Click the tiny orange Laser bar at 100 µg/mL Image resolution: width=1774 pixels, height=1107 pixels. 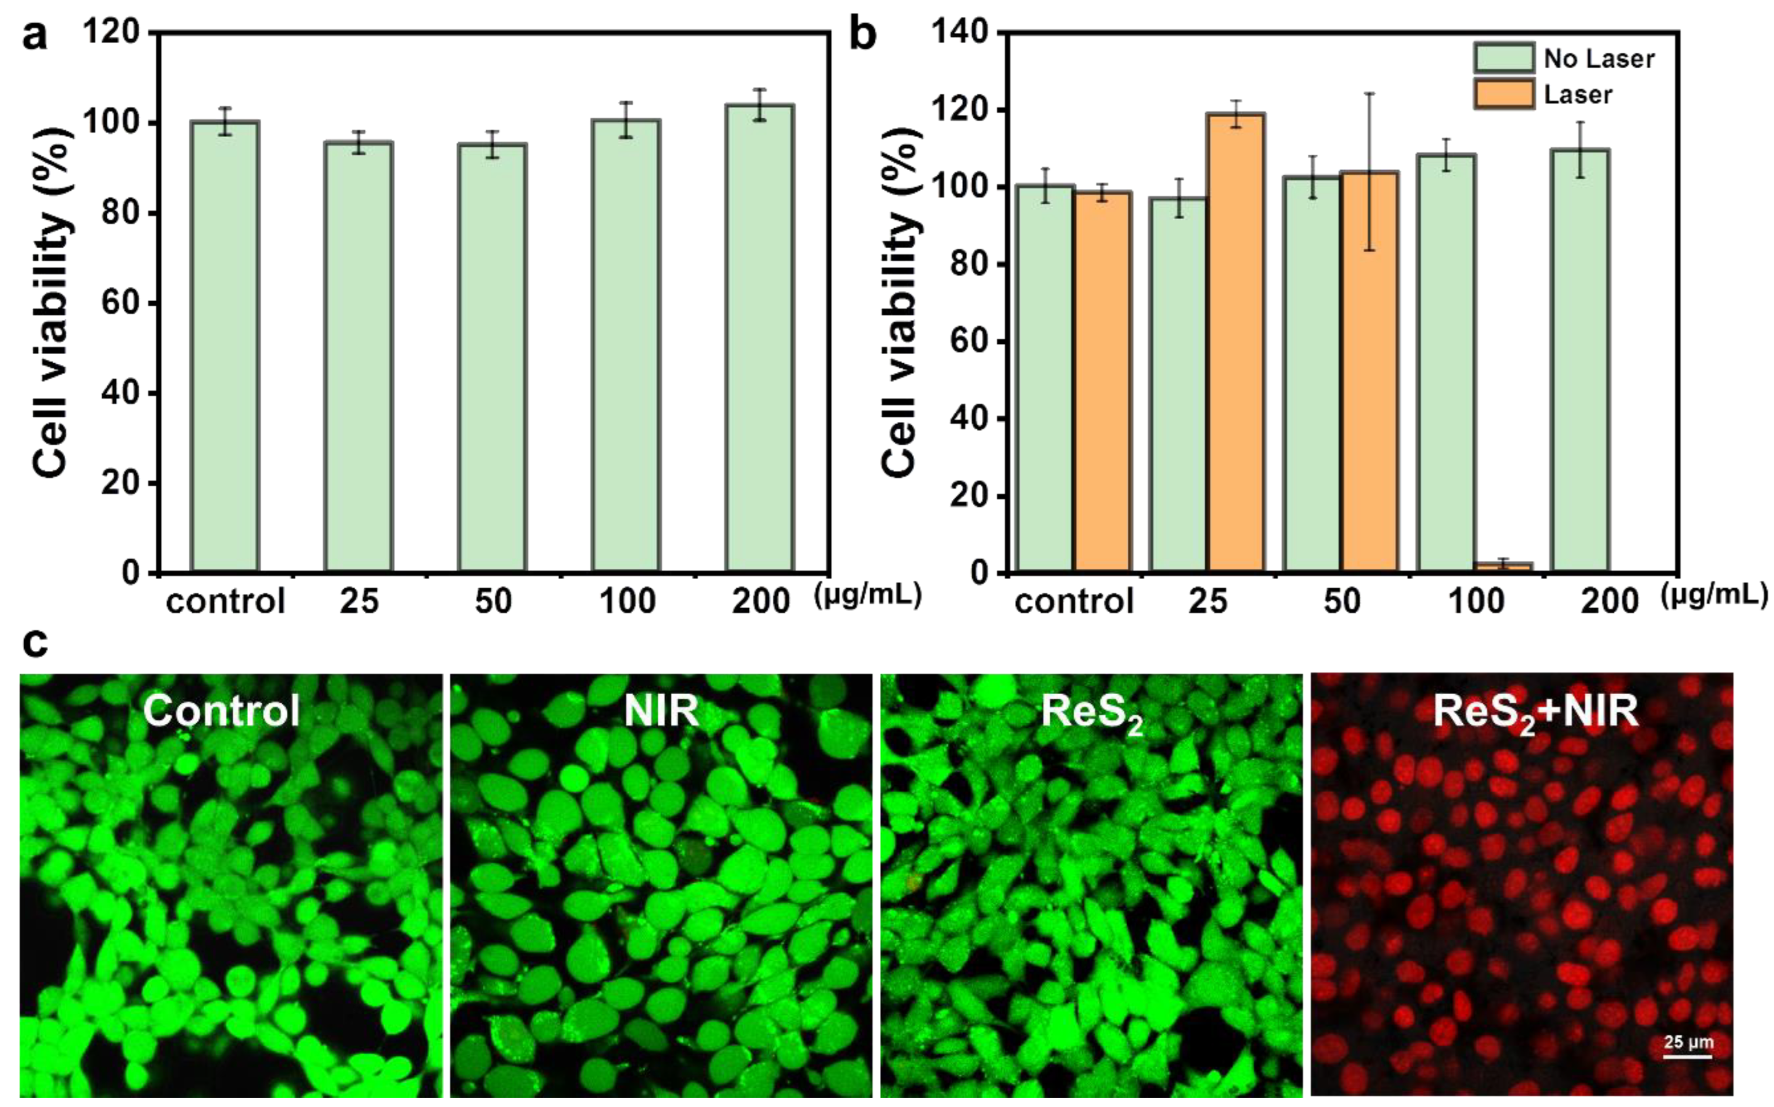tap(1504, 567)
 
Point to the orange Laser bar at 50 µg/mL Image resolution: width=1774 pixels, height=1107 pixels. tap(1369, 371)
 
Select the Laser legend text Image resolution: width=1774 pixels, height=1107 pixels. tap(1578, 95)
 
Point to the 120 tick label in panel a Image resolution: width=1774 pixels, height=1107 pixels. tap(111, 33)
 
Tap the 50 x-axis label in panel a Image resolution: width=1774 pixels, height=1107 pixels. tap(493, 602)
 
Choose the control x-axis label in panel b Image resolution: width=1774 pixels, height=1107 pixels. tap(1074, 602)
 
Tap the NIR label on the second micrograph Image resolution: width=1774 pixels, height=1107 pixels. tap(661, 710)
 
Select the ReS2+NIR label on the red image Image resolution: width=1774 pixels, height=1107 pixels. tap(1534, 711)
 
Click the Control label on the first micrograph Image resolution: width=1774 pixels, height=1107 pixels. tap(222, 710)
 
